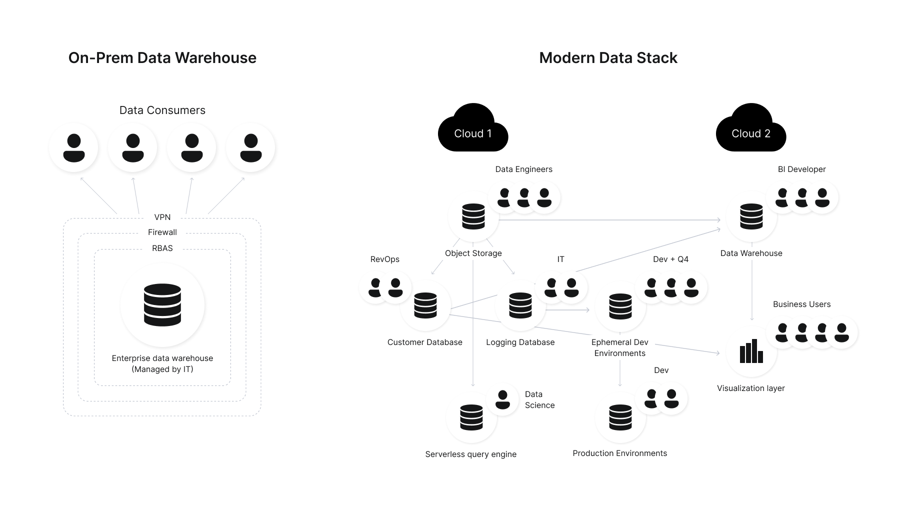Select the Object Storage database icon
tap(473, 216)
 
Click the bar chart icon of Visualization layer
tap(751, 351)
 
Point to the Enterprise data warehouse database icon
tap(162, 305)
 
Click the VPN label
tap(162, 217)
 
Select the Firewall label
tap(162, 232)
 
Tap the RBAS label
tap(162, 248)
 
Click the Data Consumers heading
tap(162, 110)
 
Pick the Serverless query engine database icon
tap(471, 417)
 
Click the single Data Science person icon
tap(502, 399)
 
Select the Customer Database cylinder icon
tap(425, 305)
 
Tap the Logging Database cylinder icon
tap(520, 305)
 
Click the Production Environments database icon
tap(620, 417)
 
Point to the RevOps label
tap(384, 259)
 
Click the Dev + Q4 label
tap(670, 259)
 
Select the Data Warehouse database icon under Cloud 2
tap(751, 216)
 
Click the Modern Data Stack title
tap(607, 57)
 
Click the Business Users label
tap(801, 304)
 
